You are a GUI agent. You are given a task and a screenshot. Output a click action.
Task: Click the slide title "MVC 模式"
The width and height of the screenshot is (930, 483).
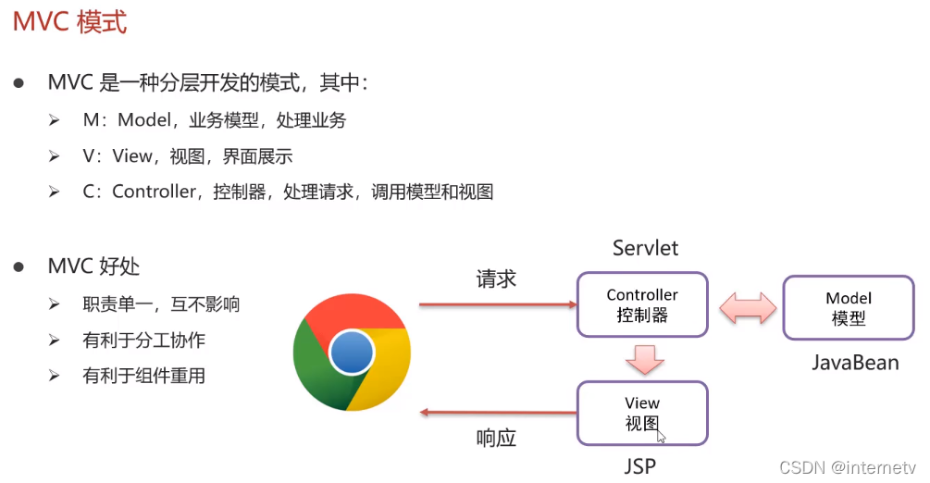[x=69, y=22]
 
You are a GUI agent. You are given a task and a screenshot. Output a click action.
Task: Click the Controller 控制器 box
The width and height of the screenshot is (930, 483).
[x=642, y=304]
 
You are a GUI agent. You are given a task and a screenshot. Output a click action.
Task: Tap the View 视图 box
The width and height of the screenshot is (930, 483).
[x=642, y=413]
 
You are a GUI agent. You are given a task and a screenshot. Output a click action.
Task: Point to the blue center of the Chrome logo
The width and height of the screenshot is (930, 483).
[x=352, y=353]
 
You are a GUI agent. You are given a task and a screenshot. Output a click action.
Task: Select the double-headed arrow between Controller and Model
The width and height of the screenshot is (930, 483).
[x=747, y=306]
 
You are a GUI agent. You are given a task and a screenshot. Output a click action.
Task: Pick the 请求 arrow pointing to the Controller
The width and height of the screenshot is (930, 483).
[x=496, y=303]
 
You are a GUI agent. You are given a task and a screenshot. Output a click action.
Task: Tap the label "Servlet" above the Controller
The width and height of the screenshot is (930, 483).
[x=645, y=248]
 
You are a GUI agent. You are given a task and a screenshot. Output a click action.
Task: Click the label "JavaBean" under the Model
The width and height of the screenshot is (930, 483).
[x=855, y=363]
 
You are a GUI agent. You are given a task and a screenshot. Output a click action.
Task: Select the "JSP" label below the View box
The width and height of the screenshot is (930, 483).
[x=639, y=465]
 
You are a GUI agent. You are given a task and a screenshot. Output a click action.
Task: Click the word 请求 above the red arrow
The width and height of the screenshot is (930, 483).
[x=496, y=279]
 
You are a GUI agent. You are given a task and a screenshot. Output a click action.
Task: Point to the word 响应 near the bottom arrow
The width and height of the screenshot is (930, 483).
[x=496, y=439]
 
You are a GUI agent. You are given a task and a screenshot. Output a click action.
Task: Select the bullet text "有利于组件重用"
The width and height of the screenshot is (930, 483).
[x=143, y=376]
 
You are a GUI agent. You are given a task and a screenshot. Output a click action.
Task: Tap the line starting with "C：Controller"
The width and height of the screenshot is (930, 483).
[x=287, y=192]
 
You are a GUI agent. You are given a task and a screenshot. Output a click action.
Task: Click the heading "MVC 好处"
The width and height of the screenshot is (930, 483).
[x=93, y=266]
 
